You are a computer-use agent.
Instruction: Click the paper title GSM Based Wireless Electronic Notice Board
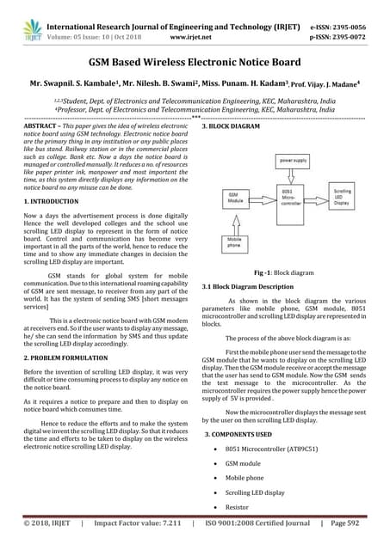click(x=195, y=62)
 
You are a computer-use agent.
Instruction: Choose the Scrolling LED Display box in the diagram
click(x=342, y=197)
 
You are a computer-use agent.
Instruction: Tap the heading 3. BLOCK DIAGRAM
click(x=231, y=126)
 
